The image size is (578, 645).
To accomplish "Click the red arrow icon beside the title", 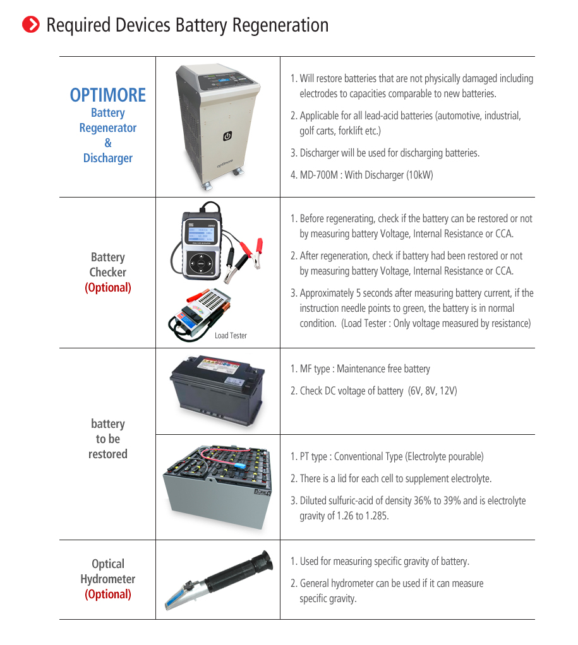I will (30, 25).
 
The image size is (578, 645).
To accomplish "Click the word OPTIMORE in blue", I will (108, 95).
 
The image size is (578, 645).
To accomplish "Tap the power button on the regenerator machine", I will (227, 136).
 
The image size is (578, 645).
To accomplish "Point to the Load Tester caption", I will (231, 335).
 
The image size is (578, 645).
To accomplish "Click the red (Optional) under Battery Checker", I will (108, 288).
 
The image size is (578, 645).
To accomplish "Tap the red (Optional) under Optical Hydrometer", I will (108, 595).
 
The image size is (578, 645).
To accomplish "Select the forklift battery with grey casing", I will (218, 488).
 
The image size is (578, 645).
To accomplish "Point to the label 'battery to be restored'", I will (108, 439).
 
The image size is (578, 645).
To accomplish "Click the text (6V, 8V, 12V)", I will (433, 391).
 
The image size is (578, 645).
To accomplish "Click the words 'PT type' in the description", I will (315, 456).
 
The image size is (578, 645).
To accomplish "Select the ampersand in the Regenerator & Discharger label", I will (108, 143).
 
